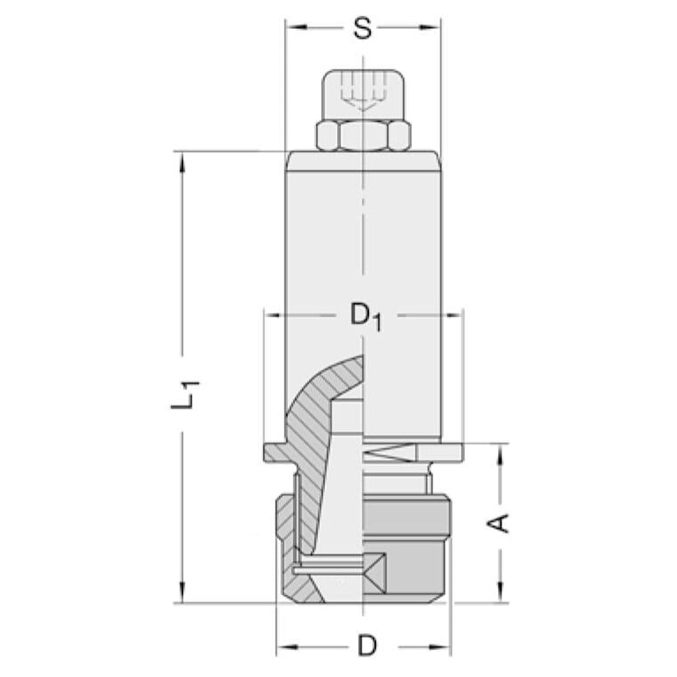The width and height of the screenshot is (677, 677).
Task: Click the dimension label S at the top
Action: point(362,29)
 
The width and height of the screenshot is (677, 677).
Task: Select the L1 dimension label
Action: point(185,395)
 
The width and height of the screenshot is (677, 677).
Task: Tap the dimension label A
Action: point(498,524)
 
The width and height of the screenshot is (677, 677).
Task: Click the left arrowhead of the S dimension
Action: point(296,27)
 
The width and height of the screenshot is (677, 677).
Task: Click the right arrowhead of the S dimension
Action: point(430,27)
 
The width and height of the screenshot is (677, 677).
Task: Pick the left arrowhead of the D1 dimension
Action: point(274,315)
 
